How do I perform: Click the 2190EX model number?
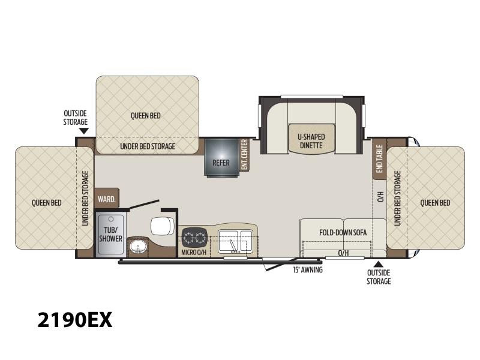[75, 320]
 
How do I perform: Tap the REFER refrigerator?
[221, 157]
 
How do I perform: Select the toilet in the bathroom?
[163, 226]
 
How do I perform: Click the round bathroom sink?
[138, 246]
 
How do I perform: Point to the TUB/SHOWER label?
[110, 234]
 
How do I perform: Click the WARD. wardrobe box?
[107, 199]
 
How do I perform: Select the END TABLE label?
[379, 158]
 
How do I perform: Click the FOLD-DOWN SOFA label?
[343, 232]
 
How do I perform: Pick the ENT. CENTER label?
[244, 155]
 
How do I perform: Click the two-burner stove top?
[194, 238]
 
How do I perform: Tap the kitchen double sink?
[235, 242]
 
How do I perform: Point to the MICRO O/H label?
[194, 253]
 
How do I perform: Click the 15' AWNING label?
[308, 269]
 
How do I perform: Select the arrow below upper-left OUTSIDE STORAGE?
[83, 131]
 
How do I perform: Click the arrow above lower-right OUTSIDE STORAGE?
[379, 264]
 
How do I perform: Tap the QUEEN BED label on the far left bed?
[47, 203]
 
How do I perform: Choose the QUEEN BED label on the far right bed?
[435, 203]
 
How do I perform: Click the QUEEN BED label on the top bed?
[145, 116]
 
